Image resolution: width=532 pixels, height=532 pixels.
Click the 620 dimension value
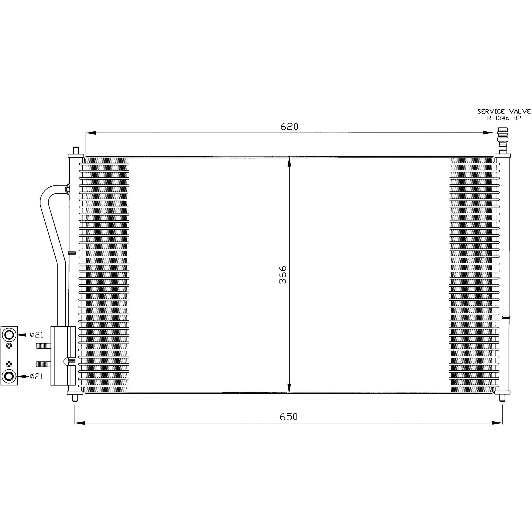coord(289,126)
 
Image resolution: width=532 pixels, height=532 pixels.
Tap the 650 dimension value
coord(289,417)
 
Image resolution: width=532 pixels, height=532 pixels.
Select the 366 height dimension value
coord(282,275)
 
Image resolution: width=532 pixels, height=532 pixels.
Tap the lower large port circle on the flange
coord(9,376)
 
